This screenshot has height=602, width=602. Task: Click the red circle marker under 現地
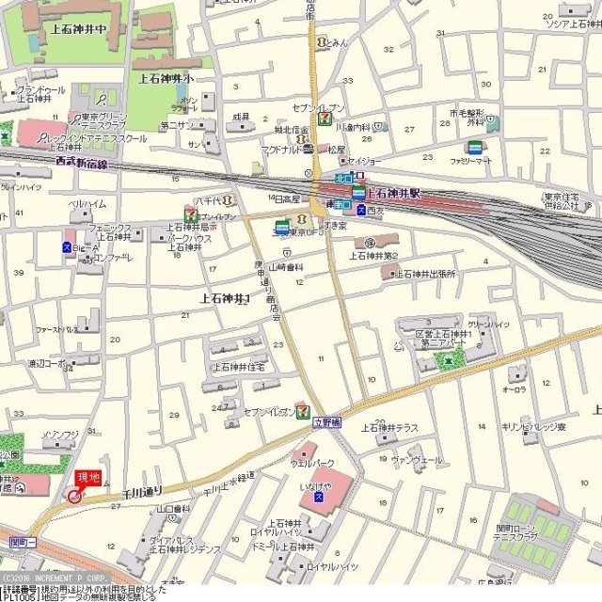[x=74, y=497]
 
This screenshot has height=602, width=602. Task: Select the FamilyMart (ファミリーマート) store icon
[x=474, y=148]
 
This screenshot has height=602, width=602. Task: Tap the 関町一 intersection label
[x=21, y=543]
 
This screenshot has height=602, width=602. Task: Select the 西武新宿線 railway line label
[x=82, y=163]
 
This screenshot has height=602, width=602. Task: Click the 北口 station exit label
[x=343, y=177]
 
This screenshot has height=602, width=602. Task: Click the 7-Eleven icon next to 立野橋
[x=303, y=410]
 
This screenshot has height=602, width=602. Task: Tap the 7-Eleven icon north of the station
[x=324, y=119]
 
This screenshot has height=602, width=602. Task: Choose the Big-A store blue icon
[x=67, y=247]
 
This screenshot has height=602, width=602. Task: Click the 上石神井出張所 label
[x=423, y=274]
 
